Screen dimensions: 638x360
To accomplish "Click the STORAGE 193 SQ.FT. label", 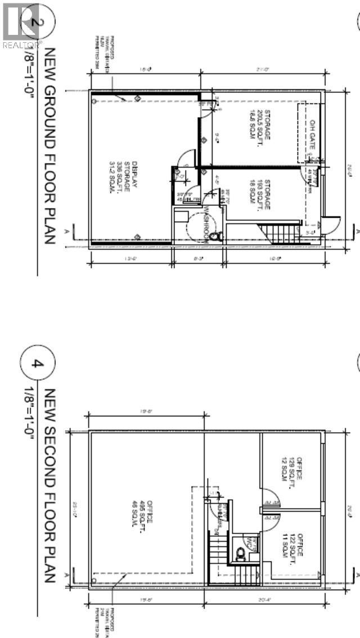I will click(260, 197).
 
